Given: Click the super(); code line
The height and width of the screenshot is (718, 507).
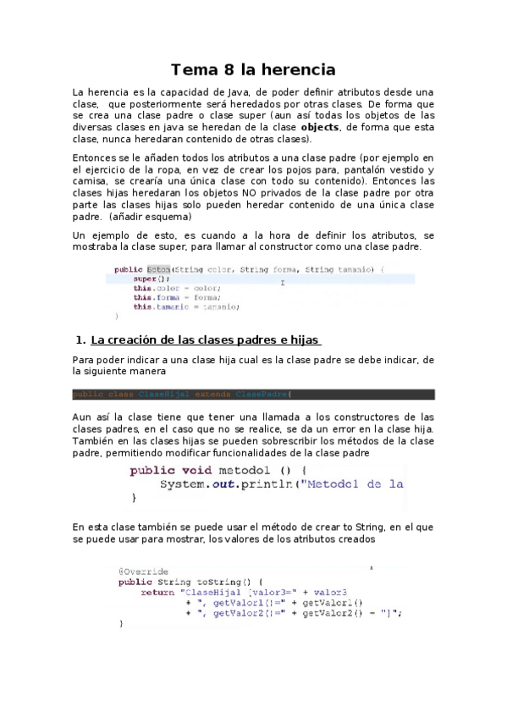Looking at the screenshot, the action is pyautogui.click(x=152, y=279).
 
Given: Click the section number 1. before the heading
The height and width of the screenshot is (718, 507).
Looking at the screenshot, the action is pyautogui.click(x=81, y=340).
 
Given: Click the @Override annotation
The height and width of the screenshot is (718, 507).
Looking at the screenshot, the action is pyautogui.click(x=143, y=571).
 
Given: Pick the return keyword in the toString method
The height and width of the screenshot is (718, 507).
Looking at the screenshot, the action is pyautogui.click(x=157, y=592).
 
